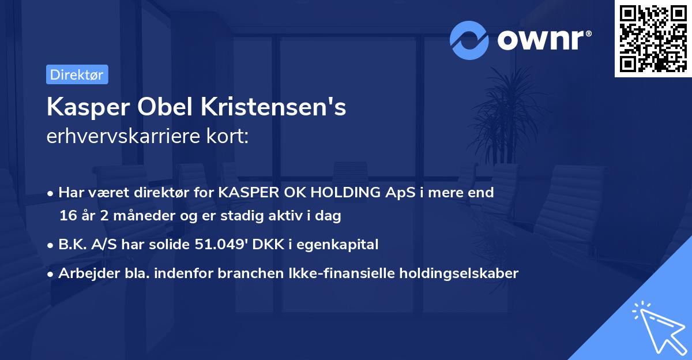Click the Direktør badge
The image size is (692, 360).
tap(77, 75)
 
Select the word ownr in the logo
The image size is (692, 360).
tap(544, 40)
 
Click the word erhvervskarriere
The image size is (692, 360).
tap(121, 137)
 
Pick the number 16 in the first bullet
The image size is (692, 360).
tap(67, 216)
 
